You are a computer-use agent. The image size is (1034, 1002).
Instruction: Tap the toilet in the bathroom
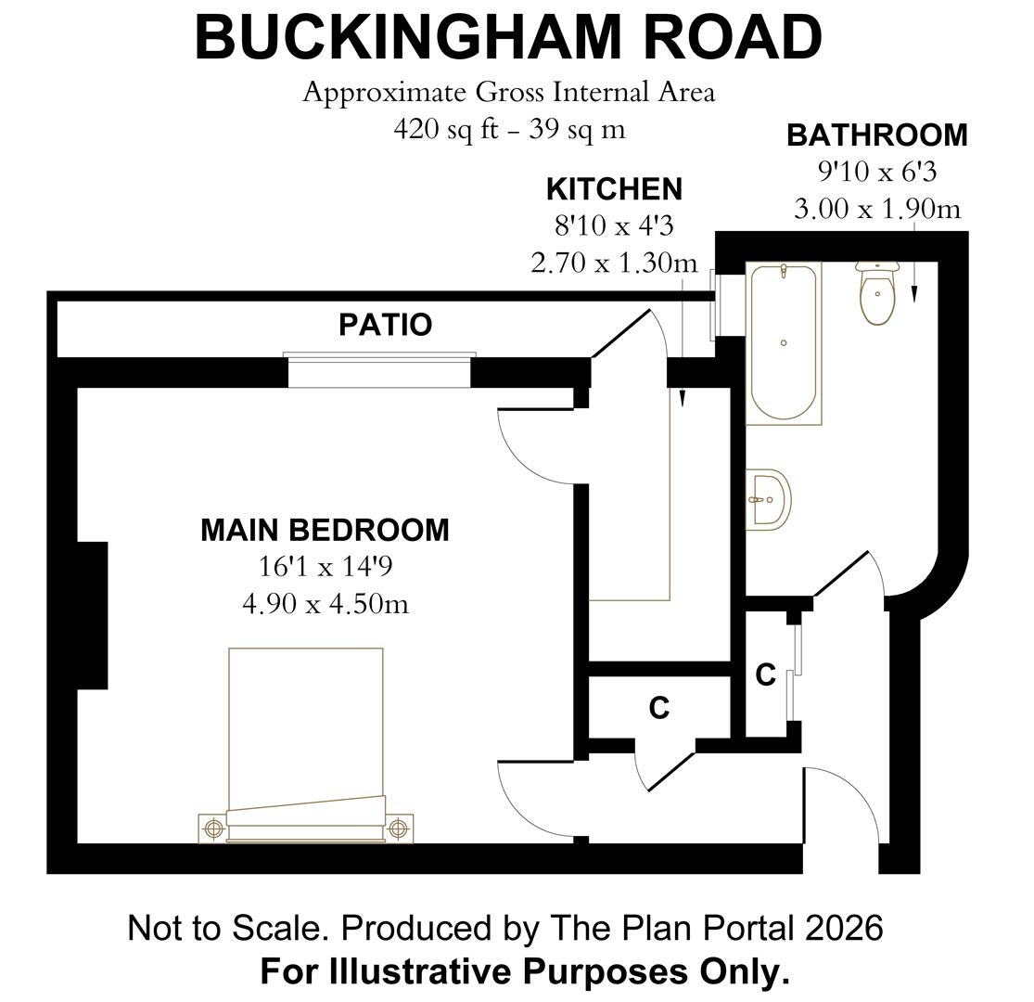coord(876,292)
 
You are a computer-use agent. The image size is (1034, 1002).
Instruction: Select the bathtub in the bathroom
coord(784,342)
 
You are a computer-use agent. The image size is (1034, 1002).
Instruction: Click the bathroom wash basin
coord(769,499)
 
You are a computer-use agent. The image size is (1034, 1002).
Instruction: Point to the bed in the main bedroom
coord(306,733)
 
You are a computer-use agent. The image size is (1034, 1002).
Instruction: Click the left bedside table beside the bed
coord(213,827)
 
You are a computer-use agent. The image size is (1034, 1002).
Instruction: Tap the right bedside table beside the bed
coord(399,827)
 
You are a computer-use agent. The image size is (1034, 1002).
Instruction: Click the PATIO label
coord(385,325)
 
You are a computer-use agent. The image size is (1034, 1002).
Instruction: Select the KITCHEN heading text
coord(614,189)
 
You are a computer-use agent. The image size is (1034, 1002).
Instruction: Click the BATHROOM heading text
coord(876,135)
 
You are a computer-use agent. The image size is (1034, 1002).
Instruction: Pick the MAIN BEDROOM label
coord(325,530)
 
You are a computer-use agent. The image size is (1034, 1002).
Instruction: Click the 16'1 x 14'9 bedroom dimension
coord(325,567)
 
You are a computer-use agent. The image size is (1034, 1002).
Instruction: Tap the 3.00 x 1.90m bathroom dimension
coord(876,209)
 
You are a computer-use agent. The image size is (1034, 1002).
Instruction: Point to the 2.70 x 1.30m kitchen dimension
coord(614,263)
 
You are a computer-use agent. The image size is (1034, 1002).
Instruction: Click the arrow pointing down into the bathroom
coord(913,278)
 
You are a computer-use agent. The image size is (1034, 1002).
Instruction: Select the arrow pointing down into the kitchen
coord(683,380)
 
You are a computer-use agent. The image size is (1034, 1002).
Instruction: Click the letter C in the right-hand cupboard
coord(765,675)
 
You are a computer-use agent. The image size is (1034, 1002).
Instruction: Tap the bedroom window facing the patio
coord(379,371)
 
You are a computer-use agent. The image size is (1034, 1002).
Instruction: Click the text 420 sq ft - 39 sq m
coord(508,129)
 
